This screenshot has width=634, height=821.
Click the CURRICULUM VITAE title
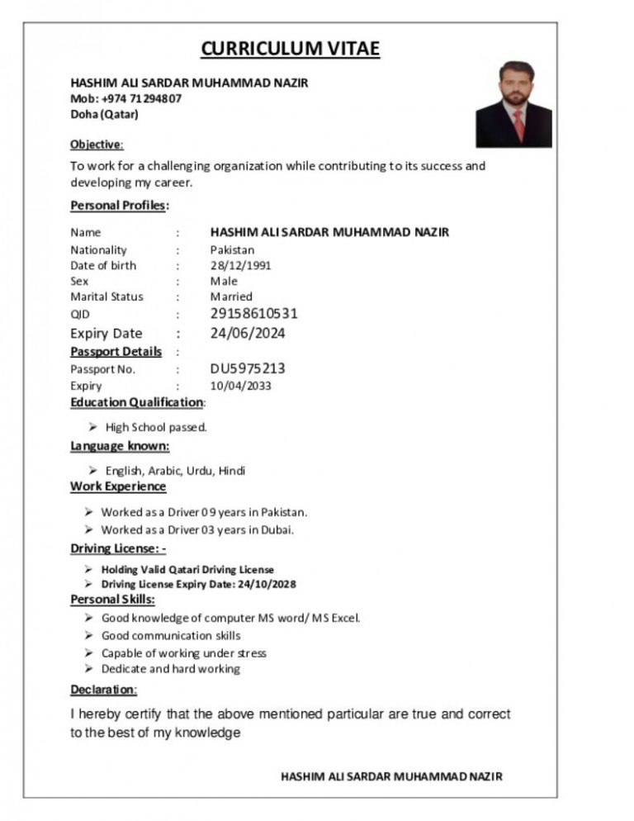290,49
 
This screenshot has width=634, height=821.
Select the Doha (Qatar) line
105,114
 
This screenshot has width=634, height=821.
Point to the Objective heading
97,145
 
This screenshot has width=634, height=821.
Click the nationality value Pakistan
232,249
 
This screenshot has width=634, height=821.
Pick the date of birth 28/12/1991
240,265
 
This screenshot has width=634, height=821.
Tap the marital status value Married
231,297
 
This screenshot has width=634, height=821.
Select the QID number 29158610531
253,314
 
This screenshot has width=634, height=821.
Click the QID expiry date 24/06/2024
248,334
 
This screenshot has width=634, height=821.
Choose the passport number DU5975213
248,369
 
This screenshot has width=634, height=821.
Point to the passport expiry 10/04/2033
240,386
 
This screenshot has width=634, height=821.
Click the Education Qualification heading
136,402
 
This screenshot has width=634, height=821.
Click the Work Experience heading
118,486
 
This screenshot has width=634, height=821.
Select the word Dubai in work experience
277,529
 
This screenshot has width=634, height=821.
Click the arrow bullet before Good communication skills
89,636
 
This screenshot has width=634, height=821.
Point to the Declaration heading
103,690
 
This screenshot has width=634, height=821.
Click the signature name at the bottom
391,776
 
